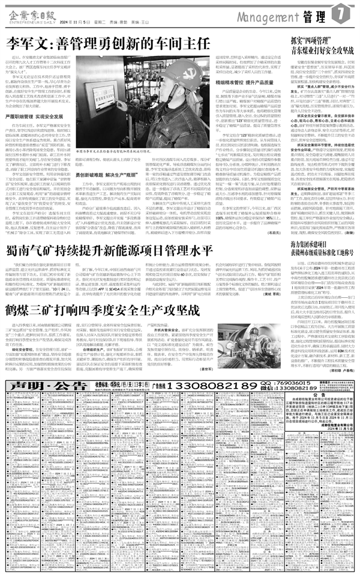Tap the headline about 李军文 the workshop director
tap(108, 43)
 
